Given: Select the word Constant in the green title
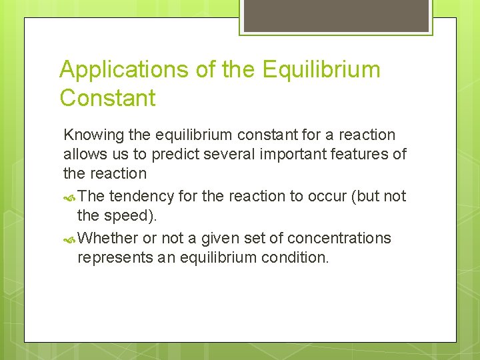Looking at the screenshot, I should (107, 98).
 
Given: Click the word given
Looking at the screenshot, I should (221, 238).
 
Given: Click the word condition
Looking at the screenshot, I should (295, 257).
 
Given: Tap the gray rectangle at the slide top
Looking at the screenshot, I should (336, 15).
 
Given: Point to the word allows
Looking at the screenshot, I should (83, 154).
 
